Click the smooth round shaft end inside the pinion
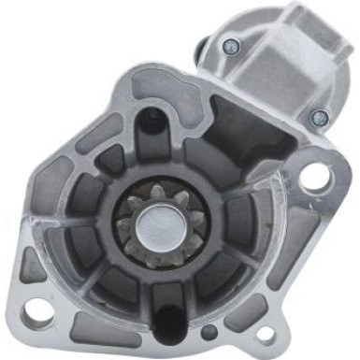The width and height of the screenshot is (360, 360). click(x=152, y=225)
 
